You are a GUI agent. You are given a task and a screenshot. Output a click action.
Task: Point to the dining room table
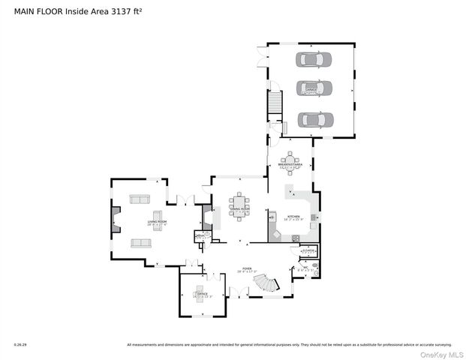(x=239, y=205)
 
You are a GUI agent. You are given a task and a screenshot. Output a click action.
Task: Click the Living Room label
(x=157, y=222)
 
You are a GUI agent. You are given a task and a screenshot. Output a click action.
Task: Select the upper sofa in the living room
(x=140, y=199)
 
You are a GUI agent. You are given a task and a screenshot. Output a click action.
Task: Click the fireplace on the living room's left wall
(x=115, y=219)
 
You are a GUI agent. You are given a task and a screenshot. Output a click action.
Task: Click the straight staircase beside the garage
(x=275, y=103)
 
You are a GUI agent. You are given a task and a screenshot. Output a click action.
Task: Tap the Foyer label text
(x=246, y=268)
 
